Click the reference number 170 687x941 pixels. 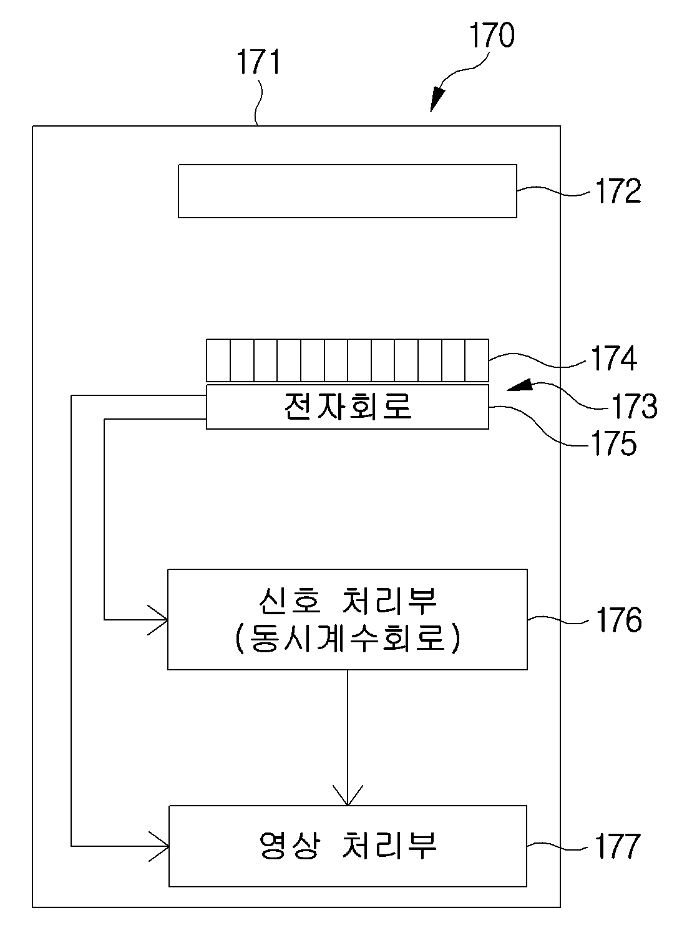pos(492,35)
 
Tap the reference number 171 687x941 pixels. pos(258,62)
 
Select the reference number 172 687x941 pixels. pos(618,191)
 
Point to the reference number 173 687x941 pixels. pos(634,406)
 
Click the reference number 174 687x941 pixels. pos(614,358)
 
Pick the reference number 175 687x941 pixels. pos(613,443)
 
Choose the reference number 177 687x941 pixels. pos(617,846)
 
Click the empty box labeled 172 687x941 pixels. pos(348,191)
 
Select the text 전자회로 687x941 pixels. pos(348,406)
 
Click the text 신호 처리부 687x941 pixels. pos(348,601)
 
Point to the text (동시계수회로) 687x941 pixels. pos(348,639)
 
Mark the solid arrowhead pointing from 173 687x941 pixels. pos(519,385)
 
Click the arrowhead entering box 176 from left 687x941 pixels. pos(158,620)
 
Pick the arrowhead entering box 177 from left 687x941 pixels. pos(159,846)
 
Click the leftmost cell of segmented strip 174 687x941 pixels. pos(218,360)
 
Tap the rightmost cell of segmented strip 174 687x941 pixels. pos(477,360)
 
